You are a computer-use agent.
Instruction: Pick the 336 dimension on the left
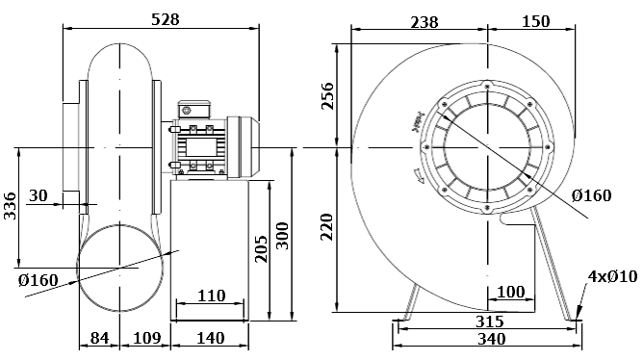pos(10,206)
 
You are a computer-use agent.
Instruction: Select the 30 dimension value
pos(39,195)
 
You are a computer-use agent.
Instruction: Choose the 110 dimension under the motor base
pos(211,295)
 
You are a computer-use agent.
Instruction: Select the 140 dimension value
pos(209,338)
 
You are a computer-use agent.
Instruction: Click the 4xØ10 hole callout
pos(612,277)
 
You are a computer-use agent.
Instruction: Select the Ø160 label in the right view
pos(590,196)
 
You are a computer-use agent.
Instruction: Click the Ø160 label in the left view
pos(39,280)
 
